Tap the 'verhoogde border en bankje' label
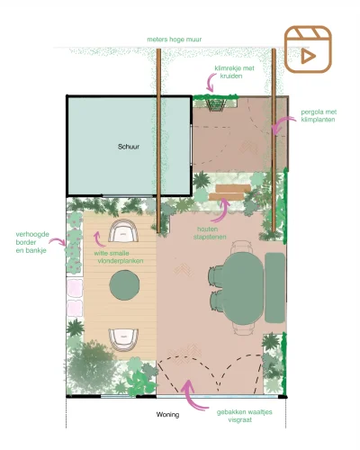[30, 244]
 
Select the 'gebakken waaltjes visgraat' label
[238, 416]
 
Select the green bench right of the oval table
[274, 286]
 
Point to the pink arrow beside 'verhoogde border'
[60, 241]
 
